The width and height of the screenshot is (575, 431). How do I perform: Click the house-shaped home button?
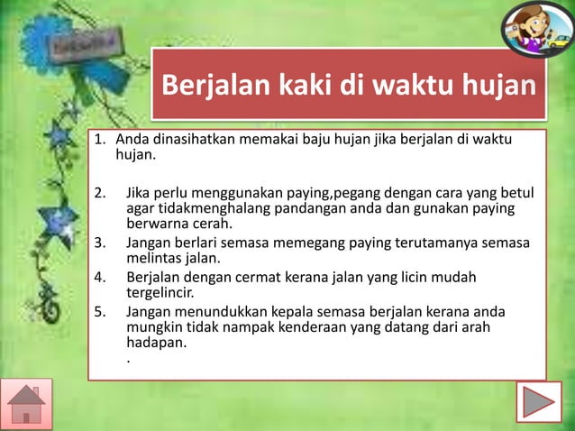point(26,403)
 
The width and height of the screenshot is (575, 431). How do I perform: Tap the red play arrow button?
point(541,403)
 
